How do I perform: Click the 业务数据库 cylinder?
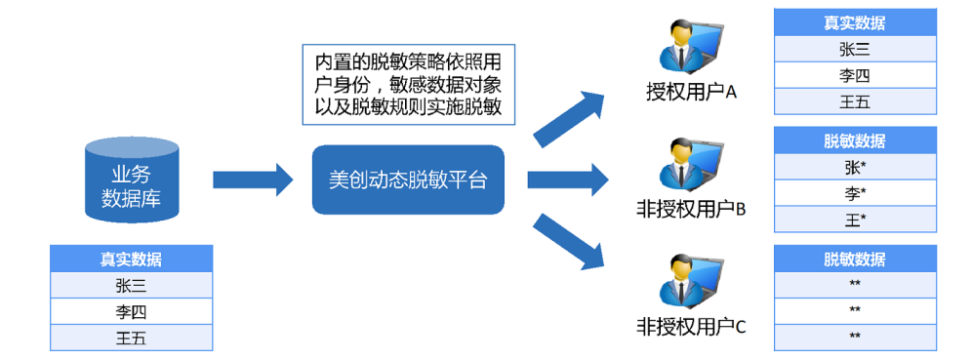[x=132, y=181]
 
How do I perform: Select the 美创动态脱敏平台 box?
[x=408, y=180]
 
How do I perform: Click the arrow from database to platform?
[x=253, y=179]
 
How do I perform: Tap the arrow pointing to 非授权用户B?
[x=567, y=180]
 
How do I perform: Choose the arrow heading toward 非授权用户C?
[x=569, y=243]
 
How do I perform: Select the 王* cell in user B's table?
[x=855, y=220]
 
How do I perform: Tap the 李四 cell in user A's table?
[x=855, y=76]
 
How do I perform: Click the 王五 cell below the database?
[x=131, y=339]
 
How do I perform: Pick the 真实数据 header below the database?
[x=131, y=260]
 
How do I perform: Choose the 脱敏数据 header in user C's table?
[x=855, y=260]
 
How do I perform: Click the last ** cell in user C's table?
[x=855, y=337]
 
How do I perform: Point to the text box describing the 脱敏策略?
[x=408, y=83]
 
